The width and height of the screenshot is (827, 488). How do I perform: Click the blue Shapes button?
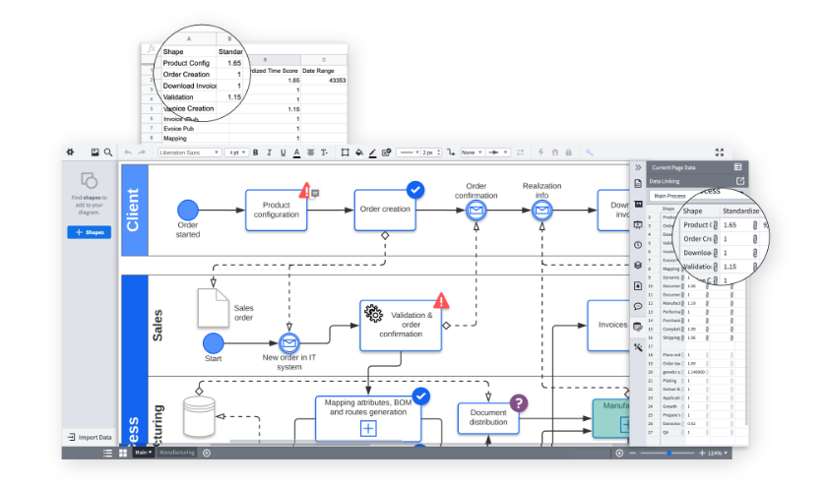(x=89, y=232)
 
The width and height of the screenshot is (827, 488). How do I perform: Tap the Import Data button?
(x=89, y=437)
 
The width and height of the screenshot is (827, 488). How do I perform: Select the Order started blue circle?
(x=188, y=210)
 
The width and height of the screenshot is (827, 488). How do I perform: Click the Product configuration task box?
(x=276, y=210)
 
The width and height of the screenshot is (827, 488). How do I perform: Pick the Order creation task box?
(x=384, y=210)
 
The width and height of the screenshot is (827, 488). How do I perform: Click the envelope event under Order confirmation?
(x=476, y=210)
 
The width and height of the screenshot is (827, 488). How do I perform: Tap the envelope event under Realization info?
(x=541, y=210)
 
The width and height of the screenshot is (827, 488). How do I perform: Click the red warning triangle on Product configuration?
(x=305, y=190)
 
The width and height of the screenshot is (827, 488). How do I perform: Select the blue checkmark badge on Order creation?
(x=415, y=189)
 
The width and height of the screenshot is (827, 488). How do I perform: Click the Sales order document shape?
(x=214, y=308)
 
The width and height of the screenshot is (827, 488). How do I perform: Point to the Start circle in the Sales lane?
(x=213, y=342)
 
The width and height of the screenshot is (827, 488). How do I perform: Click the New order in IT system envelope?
(x=288, y=342)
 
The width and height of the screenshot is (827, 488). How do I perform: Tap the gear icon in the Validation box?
(x=374, y=313)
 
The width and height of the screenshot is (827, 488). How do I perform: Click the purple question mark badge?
(x=519, y=402)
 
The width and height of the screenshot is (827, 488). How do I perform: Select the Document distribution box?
(x=487, y=417)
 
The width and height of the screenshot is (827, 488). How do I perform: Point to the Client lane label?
(x=133, y=211)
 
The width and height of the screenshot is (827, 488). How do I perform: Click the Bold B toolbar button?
(x=256, y=152)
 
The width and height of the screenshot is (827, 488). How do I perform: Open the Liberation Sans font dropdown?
(x=188, y=152)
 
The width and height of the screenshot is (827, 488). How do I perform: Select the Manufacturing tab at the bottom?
(x=177, y=453)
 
